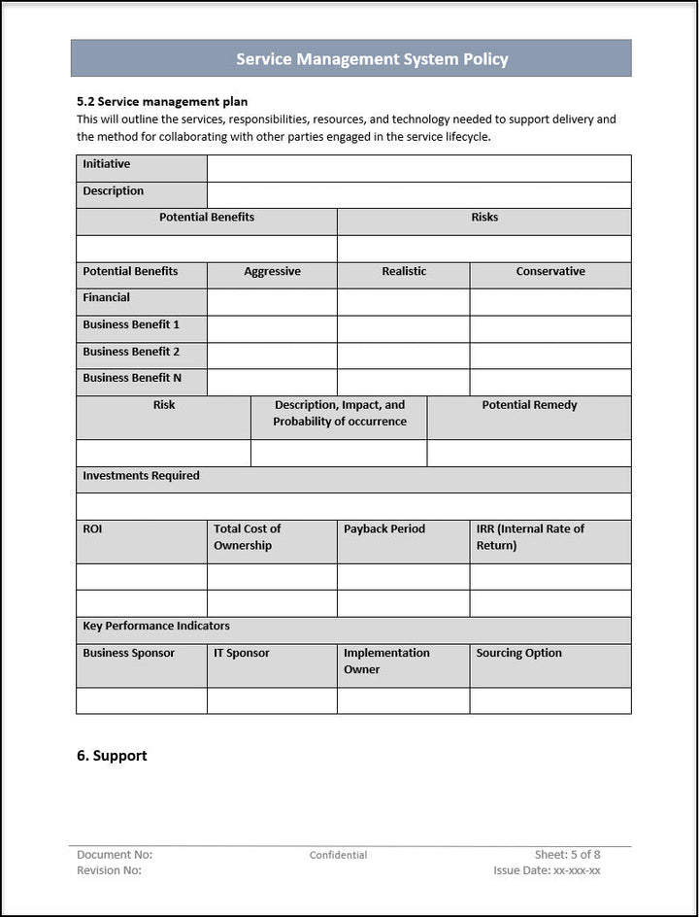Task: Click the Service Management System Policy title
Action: tap(372, 59)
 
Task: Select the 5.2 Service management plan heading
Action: tap(162, 101)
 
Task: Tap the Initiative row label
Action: tap(107, 165)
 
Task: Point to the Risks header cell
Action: tap(484, 218)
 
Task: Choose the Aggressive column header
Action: tap(272, 272)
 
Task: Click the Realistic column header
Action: tap(404, 272)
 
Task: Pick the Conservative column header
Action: tap(550, 272)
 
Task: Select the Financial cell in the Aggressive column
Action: tap(272, 302)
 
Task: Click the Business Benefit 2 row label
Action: tap(131, 352)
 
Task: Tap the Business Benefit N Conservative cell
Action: tap(550, 382)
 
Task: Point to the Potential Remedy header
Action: tap(529, 405)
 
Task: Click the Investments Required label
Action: tap(142, 476)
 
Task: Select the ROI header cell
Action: tap(92, 529)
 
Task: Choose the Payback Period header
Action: tap(385, 529)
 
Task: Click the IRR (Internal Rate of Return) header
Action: tap(530, 537)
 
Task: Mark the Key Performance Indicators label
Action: tap(156, 627)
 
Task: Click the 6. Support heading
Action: tap(112, 756)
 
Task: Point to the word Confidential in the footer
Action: tap(338, 856)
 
